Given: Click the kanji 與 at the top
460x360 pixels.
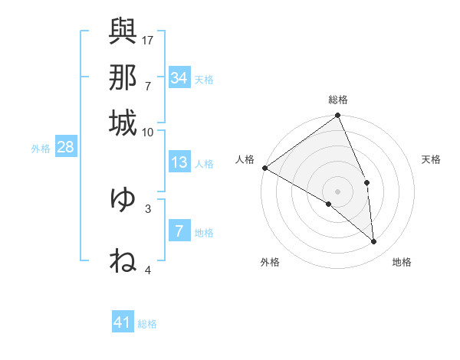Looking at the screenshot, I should click(x=123, y=31).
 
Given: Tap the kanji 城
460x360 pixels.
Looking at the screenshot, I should click(x=123, y=122).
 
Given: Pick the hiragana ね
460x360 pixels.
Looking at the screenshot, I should click(x=123, y=260).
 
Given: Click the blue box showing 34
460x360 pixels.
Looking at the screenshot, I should click(x=179, y=78).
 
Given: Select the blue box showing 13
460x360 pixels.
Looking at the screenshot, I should click(x=179, y=162).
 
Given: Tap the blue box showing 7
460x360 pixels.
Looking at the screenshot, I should click(x=179, y=231).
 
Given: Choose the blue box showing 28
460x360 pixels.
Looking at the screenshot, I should click(x=65, y=148).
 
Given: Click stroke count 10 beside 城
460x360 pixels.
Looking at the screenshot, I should click(x=148, y=132).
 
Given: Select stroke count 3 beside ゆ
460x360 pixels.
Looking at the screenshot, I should click(x=148, y=208).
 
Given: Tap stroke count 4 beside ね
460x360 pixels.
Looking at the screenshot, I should click(x=148, y=270).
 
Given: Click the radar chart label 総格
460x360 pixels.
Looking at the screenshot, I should click(x=338, y=100).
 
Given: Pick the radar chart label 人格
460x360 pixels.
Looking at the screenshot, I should click(x=245, y=159).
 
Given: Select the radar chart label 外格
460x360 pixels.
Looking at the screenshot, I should click(x=270, y=263).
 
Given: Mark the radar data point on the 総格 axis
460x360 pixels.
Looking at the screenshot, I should click(x=338, y=116).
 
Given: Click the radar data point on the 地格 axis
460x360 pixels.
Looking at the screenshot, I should click(x=374, y=241).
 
